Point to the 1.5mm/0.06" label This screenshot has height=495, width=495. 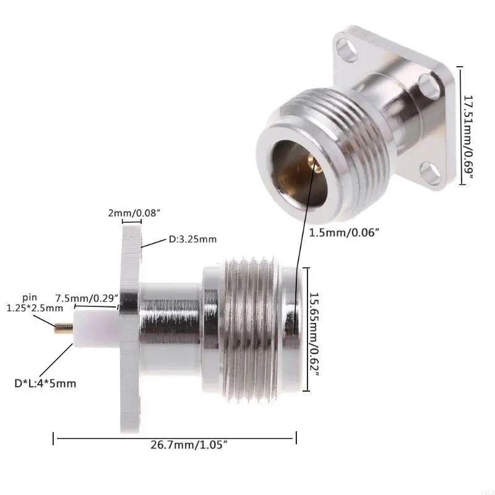pos(343,232)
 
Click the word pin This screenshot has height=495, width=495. pos(30,297)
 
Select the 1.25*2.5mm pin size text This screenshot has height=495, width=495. pos(35,308)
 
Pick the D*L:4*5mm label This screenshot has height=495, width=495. pos(45,384)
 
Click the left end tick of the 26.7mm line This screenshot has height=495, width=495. pos(54,439)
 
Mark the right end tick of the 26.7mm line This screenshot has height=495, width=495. pos(296,439)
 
